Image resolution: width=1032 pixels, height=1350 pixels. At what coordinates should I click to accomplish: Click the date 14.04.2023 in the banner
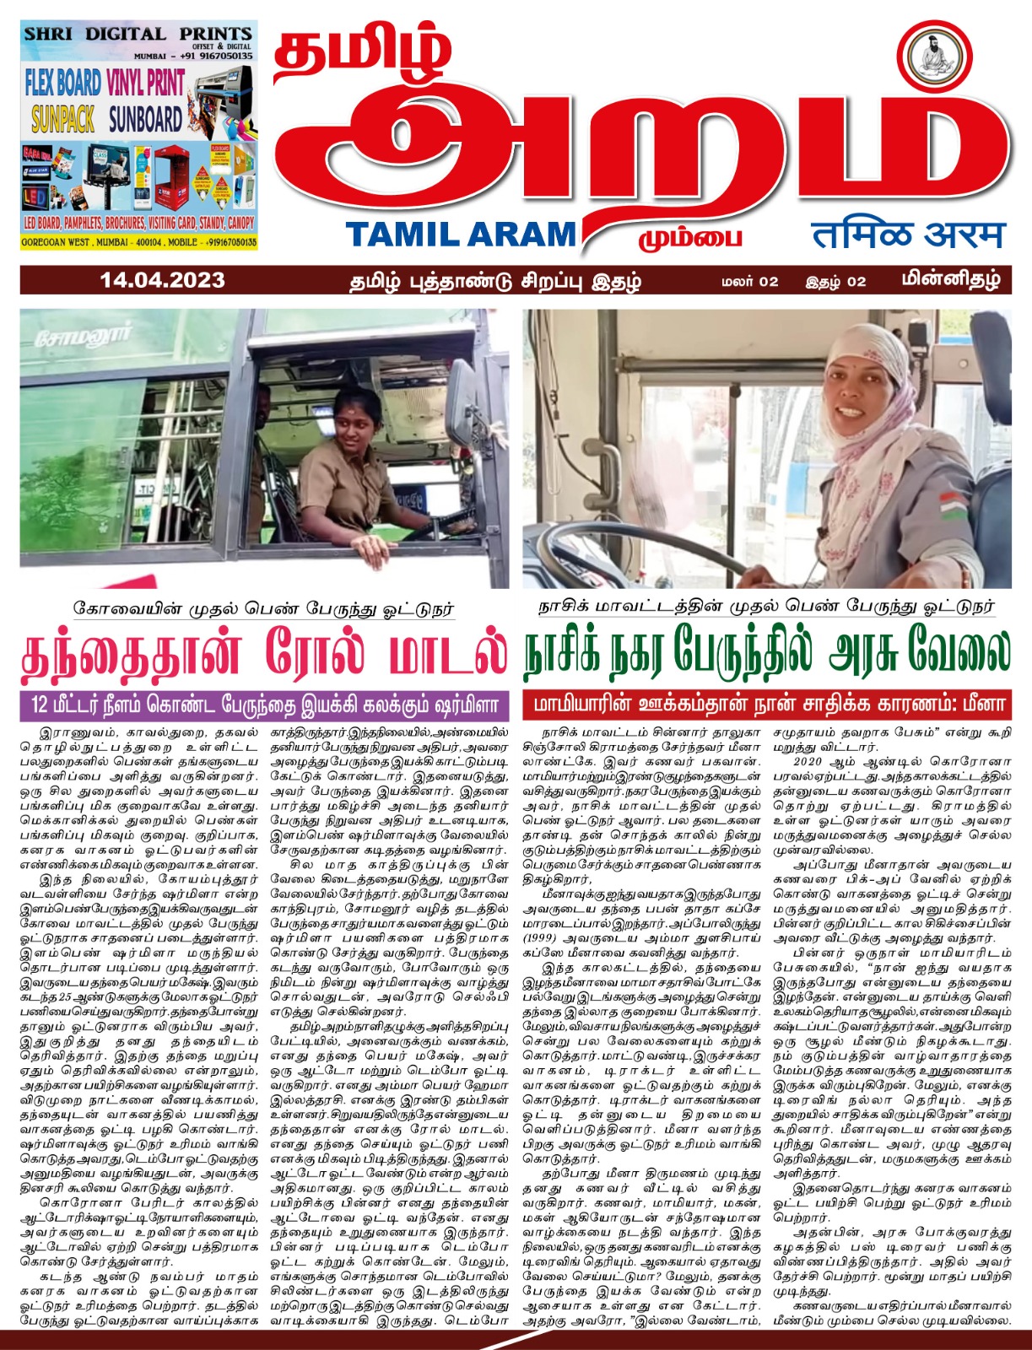point(162,280)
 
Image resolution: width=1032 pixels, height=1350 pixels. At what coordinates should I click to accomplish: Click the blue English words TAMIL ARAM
point(460,235)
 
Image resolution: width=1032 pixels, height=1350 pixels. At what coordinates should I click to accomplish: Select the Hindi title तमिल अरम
point(908,235)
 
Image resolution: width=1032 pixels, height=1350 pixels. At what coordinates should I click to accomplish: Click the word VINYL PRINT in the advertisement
point(145,82)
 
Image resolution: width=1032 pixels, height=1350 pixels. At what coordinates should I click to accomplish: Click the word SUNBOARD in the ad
point(145,119)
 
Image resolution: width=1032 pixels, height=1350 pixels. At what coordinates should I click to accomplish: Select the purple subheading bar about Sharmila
point(265,705)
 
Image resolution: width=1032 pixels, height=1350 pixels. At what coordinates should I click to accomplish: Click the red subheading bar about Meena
point(766,705)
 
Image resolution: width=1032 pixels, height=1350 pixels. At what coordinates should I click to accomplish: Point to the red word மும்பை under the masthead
point(689,237)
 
